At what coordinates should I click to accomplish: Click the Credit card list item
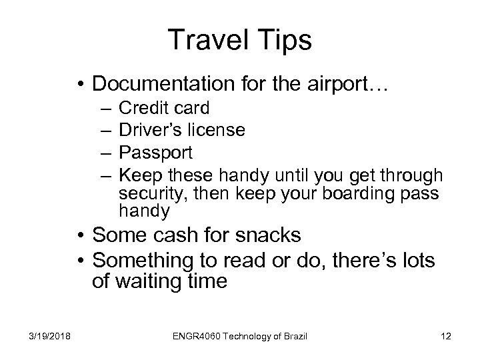coord(164,107)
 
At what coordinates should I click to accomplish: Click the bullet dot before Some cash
coord(80,235)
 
